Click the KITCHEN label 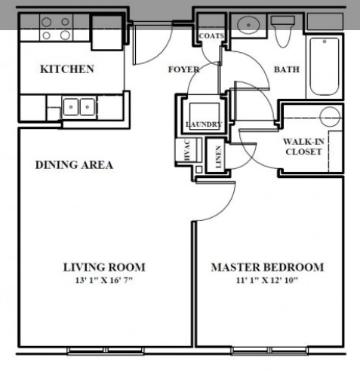coord(66,69)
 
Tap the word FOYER coord(183,70)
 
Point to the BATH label coord(286,69)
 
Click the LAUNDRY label coord(203,124)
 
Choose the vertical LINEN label coord(217,156)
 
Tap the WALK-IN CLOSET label coord(303,146)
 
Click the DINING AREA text coord(74,165)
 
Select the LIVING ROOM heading coord(103,267)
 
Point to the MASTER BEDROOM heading coord(267,267)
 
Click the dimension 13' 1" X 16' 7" coord(103,281)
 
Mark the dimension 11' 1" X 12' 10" coord(267,281)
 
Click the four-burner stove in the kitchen coord(55,29)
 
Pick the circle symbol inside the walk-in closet coord(329,116)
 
